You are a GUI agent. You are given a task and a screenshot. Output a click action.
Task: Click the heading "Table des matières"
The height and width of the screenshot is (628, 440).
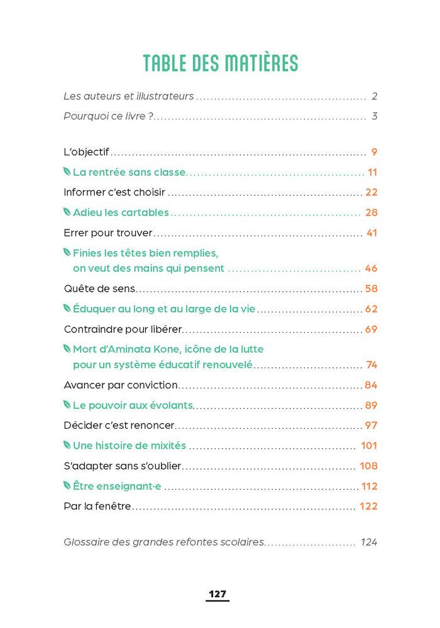[x=220, y=63]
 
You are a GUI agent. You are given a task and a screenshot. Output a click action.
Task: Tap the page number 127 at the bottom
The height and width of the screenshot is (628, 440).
[x=217, y=594]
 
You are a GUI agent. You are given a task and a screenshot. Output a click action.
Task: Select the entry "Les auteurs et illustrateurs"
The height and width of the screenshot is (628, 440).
[x=129, y=97]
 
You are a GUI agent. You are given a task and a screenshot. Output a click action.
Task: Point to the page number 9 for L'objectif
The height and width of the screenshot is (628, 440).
[x=374, y=152]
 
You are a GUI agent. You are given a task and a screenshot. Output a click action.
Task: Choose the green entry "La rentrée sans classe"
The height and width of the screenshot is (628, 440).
[x=129, y=172]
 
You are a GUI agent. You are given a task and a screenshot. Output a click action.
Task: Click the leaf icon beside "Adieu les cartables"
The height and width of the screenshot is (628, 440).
[x=67, y=212]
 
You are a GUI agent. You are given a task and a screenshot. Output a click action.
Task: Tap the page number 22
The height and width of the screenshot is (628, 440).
[x=371, y=192]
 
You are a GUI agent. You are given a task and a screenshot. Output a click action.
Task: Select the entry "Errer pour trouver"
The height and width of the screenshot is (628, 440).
[x=108, y=233]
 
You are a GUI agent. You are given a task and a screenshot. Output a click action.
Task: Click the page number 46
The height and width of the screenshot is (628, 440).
[x=371, y=268]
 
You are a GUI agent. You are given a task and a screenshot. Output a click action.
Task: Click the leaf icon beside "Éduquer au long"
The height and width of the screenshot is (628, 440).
[x=67, y=309]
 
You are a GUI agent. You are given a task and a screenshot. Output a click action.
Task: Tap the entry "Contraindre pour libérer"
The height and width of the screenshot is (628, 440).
[x=123, y=329]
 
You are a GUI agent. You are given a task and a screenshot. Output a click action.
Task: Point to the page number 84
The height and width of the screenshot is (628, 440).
[x=371, y=385]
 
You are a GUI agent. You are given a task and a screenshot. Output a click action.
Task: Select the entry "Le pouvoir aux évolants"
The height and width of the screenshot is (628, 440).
[x=133, y=405]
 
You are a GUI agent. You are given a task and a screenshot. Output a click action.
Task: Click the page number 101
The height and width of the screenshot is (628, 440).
[x=369, y=446]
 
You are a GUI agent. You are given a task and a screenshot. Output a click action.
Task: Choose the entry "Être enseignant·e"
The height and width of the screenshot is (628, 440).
[x=117, y=486]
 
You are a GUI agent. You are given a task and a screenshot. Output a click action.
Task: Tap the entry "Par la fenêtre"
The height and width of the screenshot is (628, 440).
[x=97, y=506]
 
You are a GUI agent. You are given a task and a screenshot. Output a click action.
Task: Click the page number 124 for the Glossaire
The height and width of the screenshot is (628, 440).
[x=369, y=542]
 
